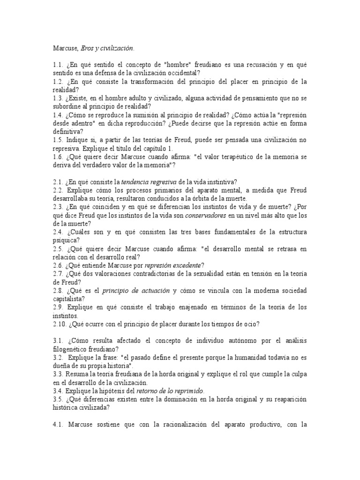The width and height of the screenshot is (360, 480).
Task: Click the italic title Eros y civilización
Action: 107,48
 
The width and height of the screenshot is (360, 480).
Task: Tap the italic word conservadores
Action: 206,216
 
